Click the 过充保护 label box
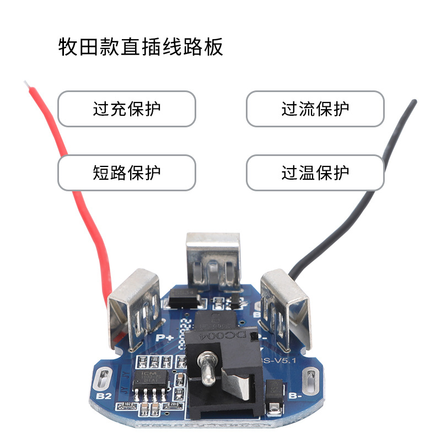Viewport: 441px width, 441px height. pyautogui.click(x=127, y=109)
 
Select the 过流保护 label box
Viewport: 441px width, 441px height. pyautogui.click(x=315, y=109)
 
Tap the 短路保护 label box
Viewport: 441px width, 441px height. pyautogui.click(x=127, y=173)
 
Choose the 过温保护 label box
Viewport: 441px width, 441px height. pyautogui.click(x=315, y=173)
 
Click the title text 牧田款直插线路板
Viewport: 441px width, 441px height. pyautogui.click(x=141, y=47)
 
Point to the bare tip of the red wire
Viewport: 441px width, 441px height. pyautogui.click(x=26, y=84)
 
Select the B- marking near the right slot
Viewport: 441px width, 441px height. pyautogui.click(x=295, y=395)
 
